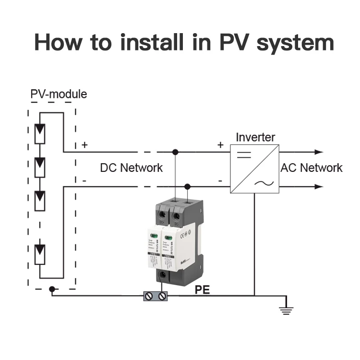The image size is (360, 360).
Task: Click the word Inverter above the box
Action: click(255, 137)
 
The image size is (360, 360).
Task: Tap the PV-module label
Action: click(59, 94)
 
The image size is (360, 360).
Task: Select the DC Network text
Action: click(131, 168)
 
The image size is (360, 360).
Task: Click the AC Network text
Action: click(312, 168)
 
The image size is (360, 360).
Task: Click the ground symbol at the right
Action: click(286, 310)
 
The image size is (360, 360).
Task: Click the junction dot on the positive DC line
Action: click(176, 152)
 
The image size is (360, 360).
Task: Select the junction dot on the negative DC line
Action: click(188, 187)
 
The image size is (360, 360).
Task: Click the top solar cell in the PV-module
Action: click(40, 135)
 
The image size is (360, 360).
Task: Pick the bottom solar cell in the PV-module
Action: click(40, 254)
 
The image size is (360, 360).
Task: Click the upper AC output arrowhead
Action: click(319, 152)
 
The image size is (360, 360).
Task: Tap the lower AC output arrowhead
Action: click(319, 187)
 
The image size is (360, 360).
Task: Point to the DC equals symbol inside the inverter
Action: click(244, 155)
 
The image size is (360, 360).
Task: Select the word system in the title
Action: click(295, 43)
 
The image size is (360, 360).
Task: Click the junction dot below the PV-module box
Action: click(52, 289)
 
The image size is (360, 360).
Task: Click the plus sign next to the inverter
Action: click(221, 144)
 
